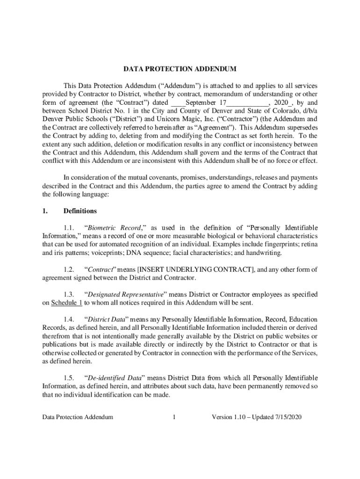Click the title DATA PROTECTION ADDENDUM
click(x=180, y=69)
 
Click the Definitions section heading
click(x=80, y=211)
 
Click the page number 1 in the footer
click(x=173, y=417)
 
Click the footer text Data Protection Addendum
click(x=77, y=417)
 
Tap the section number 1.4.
click(x=69, y=319)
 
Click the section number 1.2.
click(x=69, y=269)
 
